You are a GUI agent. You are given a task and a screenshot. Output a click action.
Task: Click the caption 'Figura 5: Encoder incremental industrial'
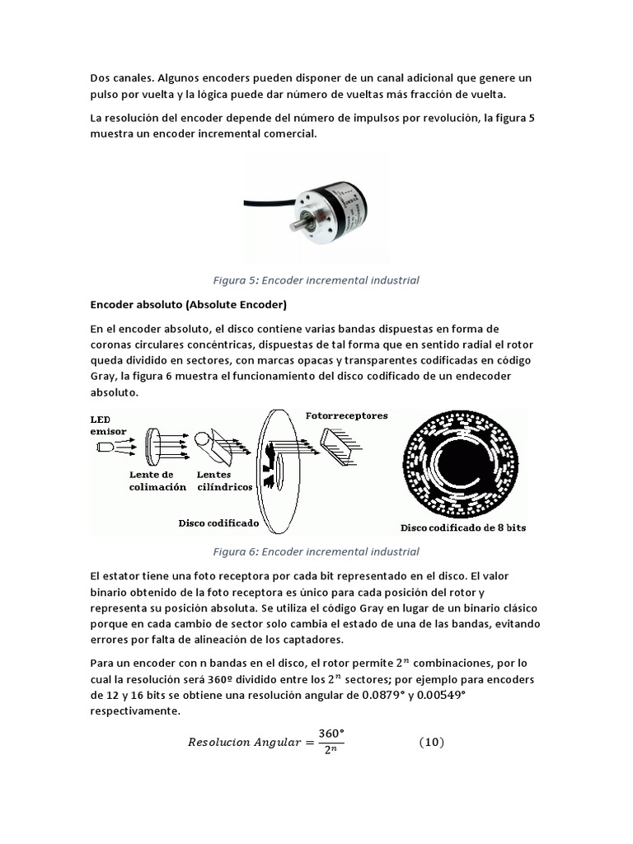[316, 280]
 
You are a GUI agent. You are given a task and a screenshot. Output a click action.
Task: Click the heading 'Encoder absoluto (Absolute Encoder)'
[188, 305]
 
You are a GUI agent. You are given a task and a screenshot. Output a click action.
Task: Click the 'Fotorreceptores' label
[346, 415]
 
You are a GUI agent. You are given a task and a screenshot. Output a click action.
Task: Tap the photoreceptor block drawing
[338, 450]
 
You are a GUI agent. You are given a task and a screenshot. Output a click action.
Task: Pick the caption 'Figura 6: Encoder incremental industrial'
[316, 551]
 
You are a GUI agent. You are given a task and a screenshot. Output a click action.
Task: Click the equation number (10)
[431, 743]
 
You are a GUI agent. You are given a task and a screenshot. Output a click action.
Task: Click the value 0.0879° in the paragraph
[383, 695]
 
